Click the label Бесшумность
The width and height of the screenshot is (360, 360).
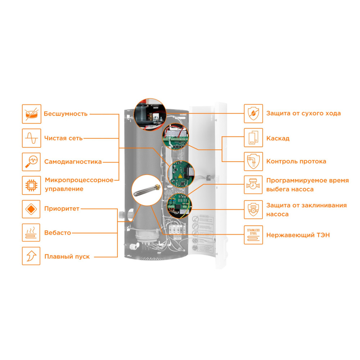click(66, 114)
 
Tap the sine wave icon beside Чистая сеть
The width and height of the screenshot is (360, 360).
click(31, 138)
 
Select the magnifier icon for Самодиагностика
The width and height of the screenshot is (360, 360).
click(31, 162)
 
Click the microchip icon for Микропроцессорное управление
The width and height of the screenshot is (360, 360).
click(31, 185)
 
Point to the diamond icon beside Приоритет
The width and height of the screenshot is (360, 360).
click(31, 209)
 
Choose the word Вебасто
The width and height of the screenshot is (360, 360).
click(58, 233)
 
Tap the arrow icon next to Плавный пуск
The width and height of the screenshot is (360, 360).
click(31, 256)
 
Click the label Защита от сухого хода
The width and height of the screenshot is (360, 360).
click(303, 113)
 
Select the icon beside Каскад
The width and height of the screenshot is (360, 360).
click(253, 138)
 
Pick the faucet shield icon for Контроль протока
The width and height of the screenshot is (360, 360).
click(253, 161)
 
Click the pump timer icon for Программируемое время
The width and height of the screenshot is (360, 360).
click(253, 185)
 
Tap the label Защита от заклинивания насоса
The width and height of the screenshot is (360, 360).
click(306, 210)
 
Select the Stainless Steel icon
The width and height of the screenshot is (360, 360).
click(253, 235)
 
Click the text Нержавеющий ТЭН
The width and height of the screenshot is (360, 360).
click(298, 235)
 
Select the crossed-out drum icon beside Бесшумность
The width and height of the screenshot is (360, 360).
click(31, 114)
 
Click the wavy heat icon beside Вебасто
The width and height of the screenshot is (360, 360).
click(31, 233)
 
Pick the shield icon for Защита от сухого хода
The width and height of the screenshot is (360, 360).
click(253, 114)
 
